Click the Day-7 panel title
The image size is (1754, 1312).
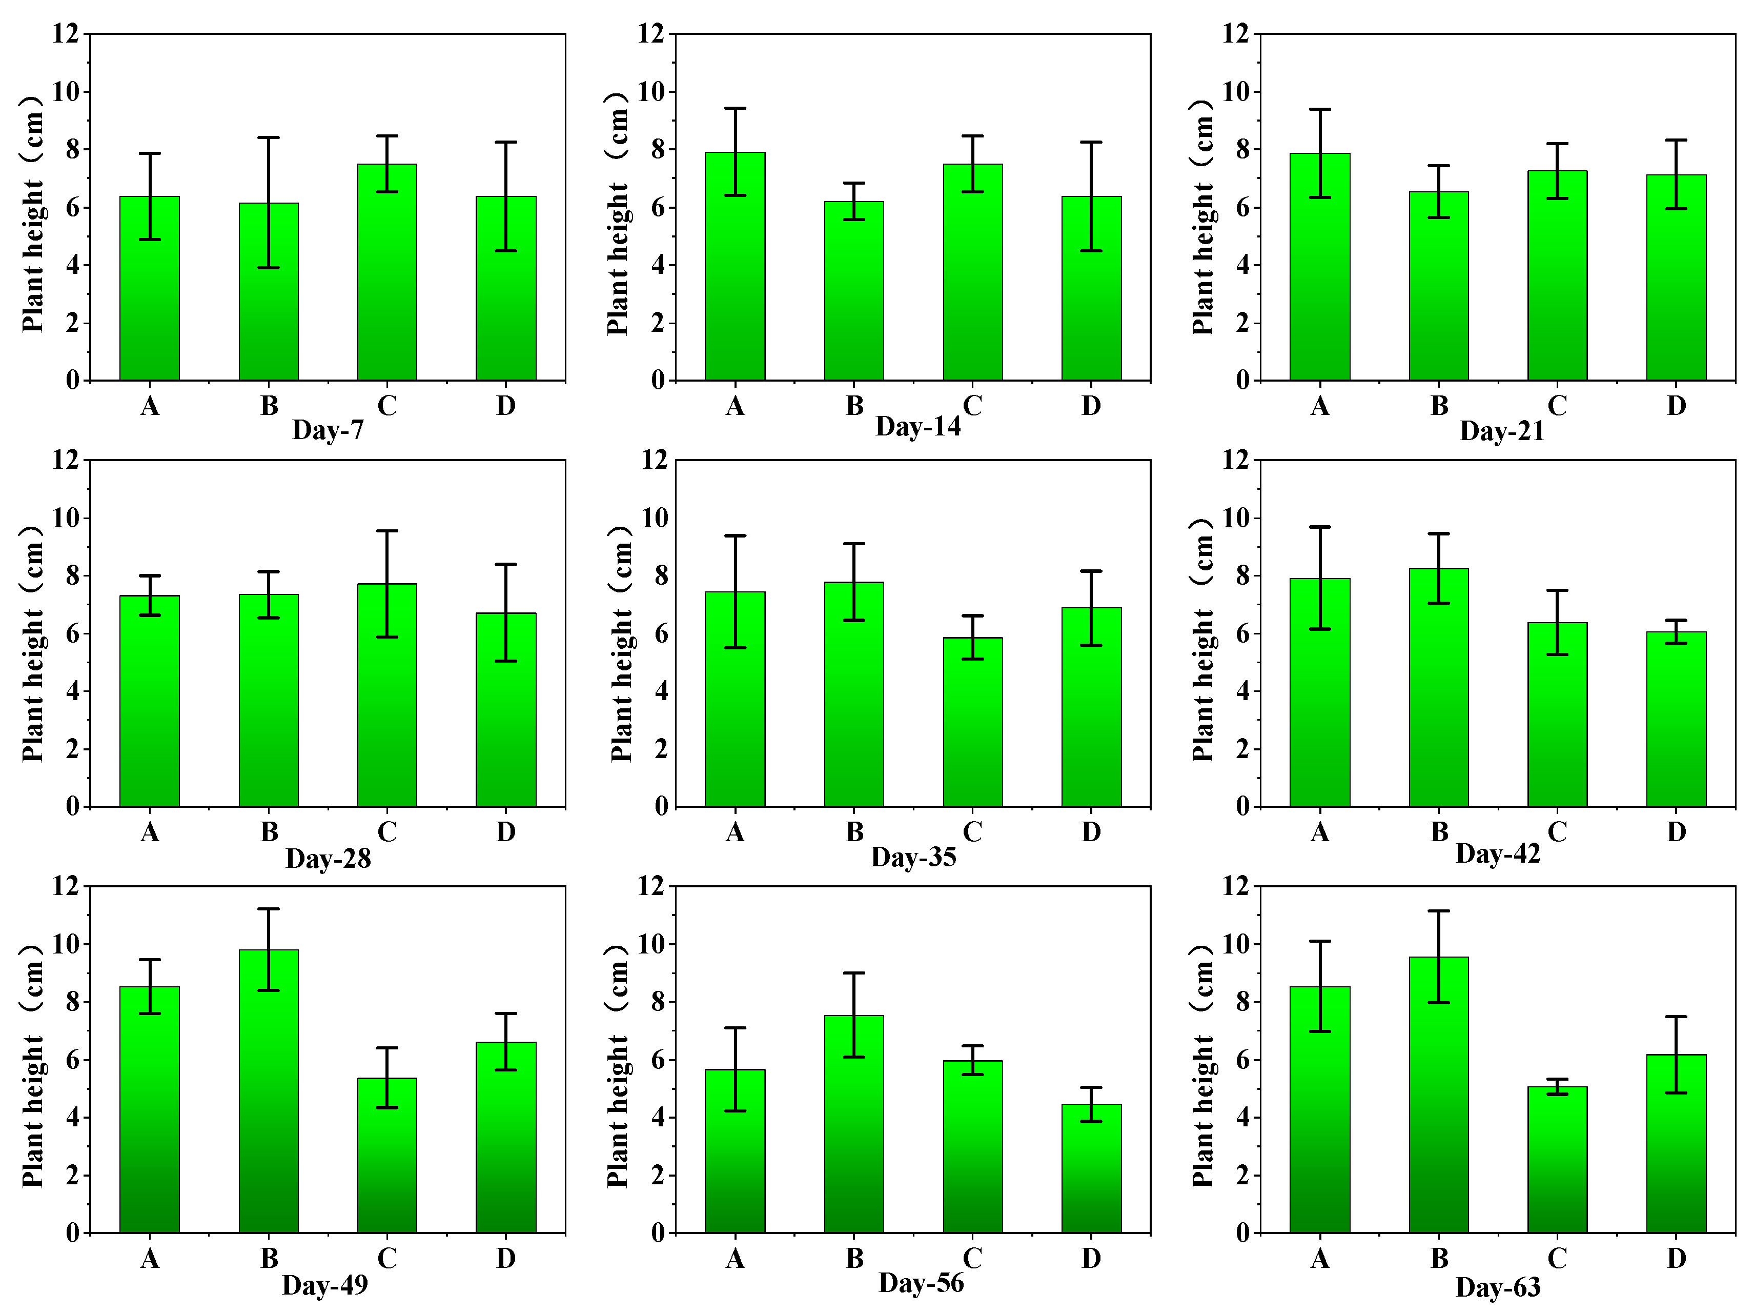pyautogui.click(x=328, y=430)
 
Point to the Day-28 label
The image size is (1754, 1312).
pyautogui.click(x=328, y=858)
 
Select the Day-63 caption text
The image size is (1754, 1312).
pyautogui.click(x=1497, y=1287)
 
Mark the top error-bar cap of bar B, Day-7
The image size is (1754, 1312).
pyautogui.click(x=268, y=138)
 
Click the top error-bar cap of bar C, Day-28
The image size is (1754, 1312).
pyautogui.click(x=387, y=531)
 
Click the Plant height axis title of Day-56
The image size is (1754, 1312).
pyautogui.click(x=618, y=1066)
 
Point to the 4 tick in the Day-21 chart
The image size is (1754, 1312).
pyautogui.click(x=1242, y=265)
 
